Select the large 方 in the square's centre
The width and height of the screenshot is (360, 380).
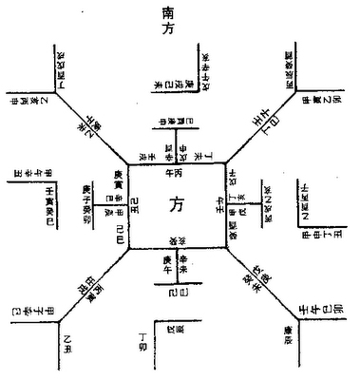tap(178, 204)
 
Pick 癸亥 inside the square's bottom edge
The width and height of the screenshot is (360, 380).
tap(178, 238)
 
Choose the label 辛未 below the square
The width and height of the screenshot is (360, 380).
tap(188, 265)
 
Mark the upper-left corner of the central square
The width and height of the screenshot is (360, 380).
tap(128, 162)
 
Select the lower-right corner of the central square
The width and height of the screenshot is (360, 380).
tap(225, 249)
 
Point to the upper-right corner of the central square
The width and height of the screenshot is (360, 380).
tap(225, 162)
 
